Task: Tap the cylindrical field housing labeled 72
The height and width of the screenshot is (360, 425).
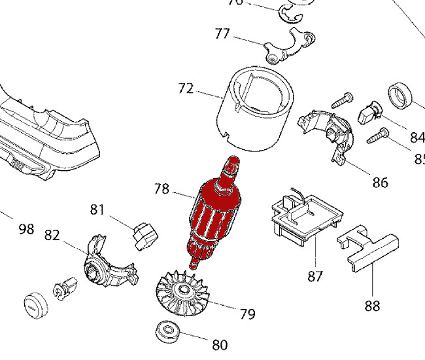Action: tap(256, 108)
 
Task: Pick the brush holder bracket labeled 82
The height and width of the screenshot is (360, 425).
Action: tap(108, 264)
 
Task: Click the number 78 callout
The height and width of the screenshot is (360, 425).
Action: tap(161, 190)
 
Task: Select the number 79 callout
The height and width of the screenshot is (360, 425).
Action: tap(247, 314)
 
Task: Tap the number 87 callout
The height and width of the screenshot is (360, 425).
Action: tap(315, 276)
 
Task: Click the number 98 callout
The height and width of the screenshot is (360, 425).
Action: tap(26, 229)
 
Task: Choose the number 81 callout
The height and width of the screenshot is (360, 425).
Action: tap(97, 209)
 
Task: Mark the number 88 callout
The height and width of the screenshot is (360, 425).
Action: tap(372, 306)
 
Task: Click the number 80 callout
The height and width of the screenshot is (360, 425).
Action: tap(220, 344)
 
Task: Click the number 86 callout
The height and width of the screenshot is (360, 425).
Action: tap(380, 182)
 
